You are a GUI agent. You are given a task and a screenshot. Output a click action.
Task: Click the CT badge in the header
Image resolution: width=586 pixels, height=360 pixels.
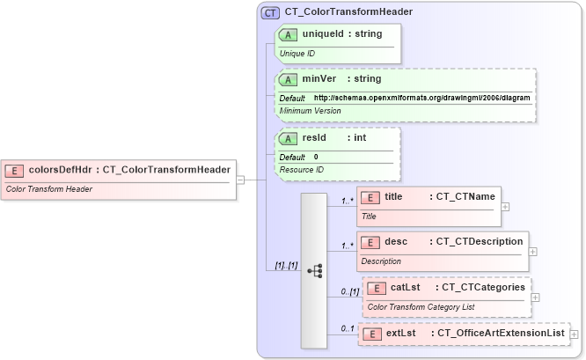[270, 12]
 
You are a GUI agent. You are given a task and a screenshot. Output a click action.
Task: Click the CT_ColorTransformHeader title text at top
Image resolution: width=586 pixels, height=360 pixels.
[348, 12]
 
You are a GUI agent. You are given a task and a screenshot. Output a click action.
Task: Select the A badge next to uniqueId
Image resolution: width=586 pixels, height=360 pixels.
[288, 33]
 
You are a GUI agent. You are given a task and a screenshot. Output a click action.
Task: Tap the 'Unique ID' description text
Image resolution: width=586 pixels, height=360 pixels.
[297, 53]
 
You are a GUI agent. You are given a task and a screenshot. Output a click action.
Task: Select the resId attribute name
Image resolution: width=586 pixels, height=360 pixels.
[315, 137]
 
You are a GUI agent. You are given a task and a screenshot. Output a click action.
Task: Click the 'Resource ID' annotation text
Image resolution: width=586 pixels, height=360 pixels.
[302, 169]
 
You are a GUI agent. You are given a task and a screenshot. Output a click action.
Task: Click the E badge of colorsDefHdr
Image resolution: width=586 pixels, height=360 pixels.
[14, 170]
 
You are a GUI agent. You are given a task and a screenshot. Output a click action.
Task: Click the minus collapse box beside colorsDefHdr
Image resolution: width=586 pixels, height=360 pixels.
[241, 180]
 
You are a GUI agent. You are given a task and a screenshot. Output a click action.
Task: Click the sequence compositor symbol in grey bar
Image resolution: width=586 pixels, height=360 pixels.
[314, 270]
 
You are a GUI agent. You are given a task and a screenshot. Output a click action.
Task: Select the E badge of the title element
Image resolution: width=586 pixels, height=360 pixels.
[371, 196]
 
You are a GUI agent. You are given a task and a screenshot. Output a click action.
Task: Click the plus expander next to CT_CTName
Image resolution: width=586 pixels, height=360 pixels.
[505, 207]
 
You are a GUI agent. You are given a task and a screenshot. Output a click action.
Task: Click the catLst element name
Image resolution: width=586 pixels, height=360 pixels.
[405, 287]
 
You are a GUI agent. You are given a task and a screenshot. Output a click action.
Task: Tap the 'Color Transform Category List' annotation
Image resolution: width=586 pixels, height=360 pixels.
[421, 307]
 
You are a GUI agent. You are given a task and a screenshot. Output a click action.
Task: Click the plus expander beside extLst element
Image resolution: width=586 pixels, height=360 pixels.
[574, 334]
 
